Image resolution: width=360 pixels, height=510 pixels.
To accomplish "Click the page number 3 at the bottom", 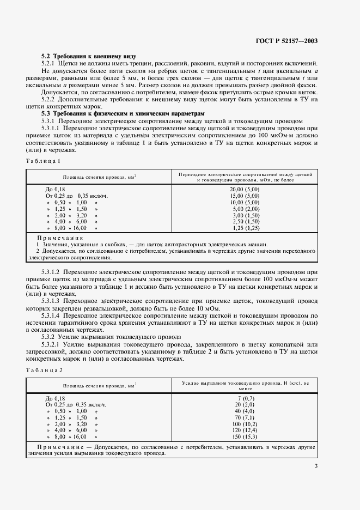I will pos(316,466).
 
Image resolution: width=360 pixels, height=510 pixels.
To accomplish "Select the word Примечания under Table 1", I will pos(60,238).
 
